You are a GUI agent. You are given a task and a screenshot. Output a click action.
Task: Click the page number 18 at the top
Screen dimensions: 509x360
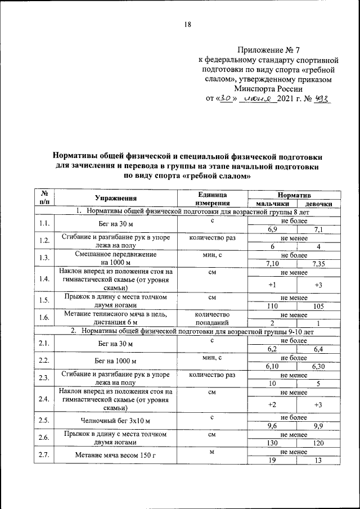[x=188, y=24]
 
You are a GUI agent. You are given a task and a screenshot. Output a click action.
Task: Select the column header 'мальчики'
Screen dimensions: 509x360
[x=272, y=204]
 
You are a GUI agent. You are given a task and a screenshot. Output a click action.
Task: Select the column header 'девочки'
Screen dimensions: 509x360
[x=318, y=204]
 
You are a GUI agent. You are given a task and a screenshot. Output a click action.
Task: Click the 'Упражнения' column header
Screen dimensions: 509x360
[x=116, y=199]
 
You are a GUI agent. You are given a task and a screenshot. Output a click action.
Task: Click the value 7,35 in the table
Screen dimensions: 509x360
[x=318, y=263]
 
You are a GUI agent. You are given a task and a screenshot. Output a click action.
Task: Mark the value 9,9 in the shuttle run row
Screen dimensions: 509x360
[x=318, y=426]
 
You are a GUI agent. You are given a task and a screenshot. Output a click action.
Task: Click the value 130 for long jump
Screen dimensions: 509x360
[x=272, y=443]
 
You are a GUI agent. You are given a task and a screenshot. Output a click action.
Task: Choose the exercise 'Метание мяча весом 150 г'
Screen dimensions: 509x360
[x=116, y=456]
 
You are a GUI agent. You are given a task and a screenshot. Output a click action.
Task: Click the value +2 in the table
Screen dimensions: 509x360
[x=272, y=404]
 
